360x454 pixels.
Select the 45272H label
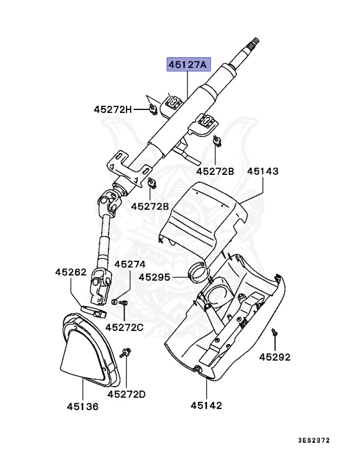point(113,109)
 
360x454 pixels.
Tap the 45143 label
point(263,171)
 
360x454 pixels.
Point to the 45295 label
point(155,277)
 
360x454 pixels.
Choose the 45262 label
point(71,273)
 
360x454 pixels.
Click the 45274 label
point(129,264)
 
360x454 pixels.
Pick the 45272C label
point(125,327)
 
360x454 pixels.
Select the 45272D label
point(127,394)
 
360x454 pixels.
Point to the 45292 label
point(275,357)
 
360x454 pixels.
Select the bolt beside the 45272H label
point(153,108)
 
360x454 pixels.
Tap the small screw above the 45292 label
point(274,332)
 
